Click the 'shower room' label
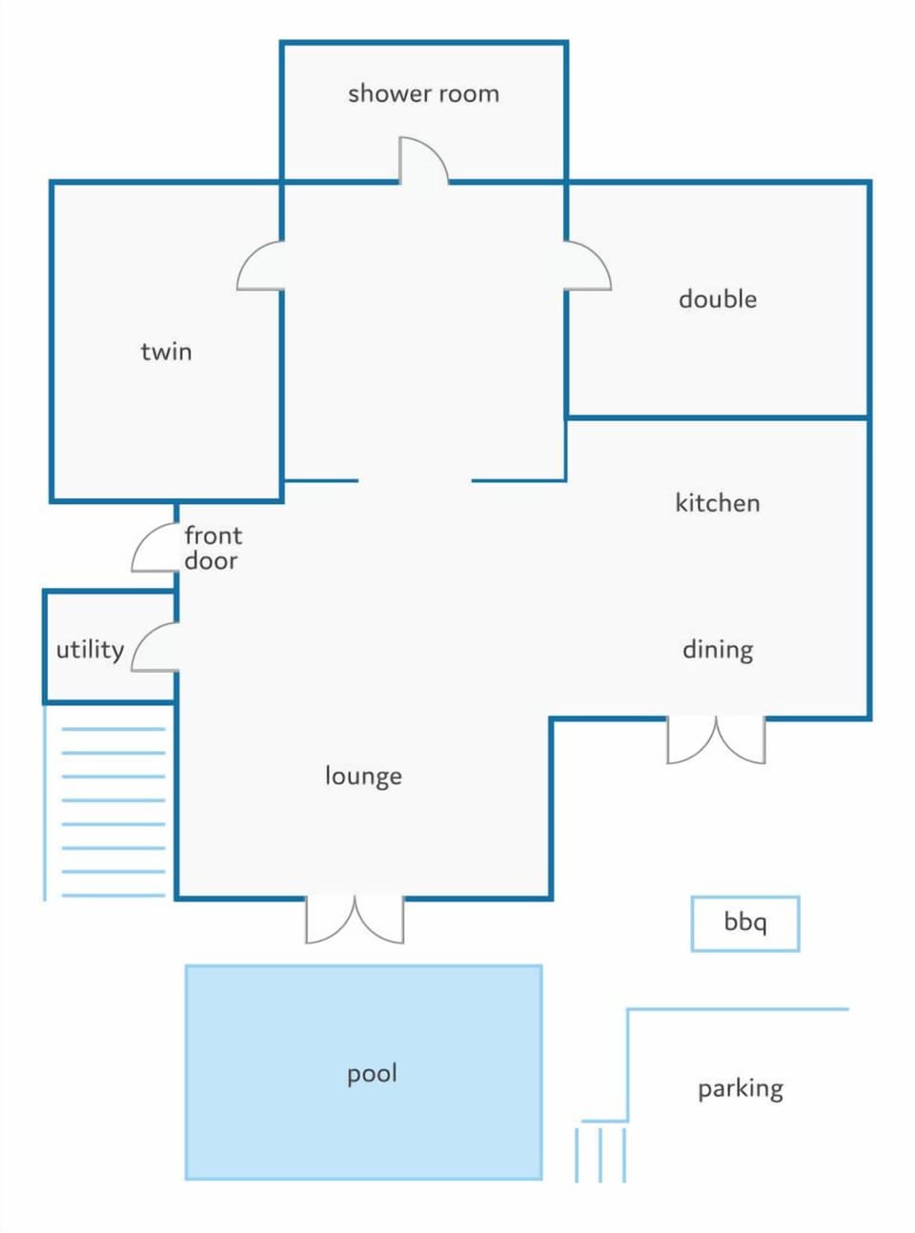click(423, 94)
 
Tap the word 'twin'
click(166, 352)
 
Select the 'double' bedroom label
click(718, 299)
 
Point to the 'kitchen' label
click(718, 502)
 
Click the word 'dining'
click(718, 650)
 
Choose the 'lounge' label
click(363, 776)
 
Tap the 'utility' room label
click(91, 649)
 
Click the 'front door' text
click(213, 548)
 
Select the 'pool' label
click(372, 1074)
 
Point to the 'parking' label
click(741, 1089)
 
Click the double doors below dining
click(716, 740)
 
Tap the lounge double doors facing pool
click(355, 920)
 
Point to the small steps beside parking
click(600, 1155)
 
